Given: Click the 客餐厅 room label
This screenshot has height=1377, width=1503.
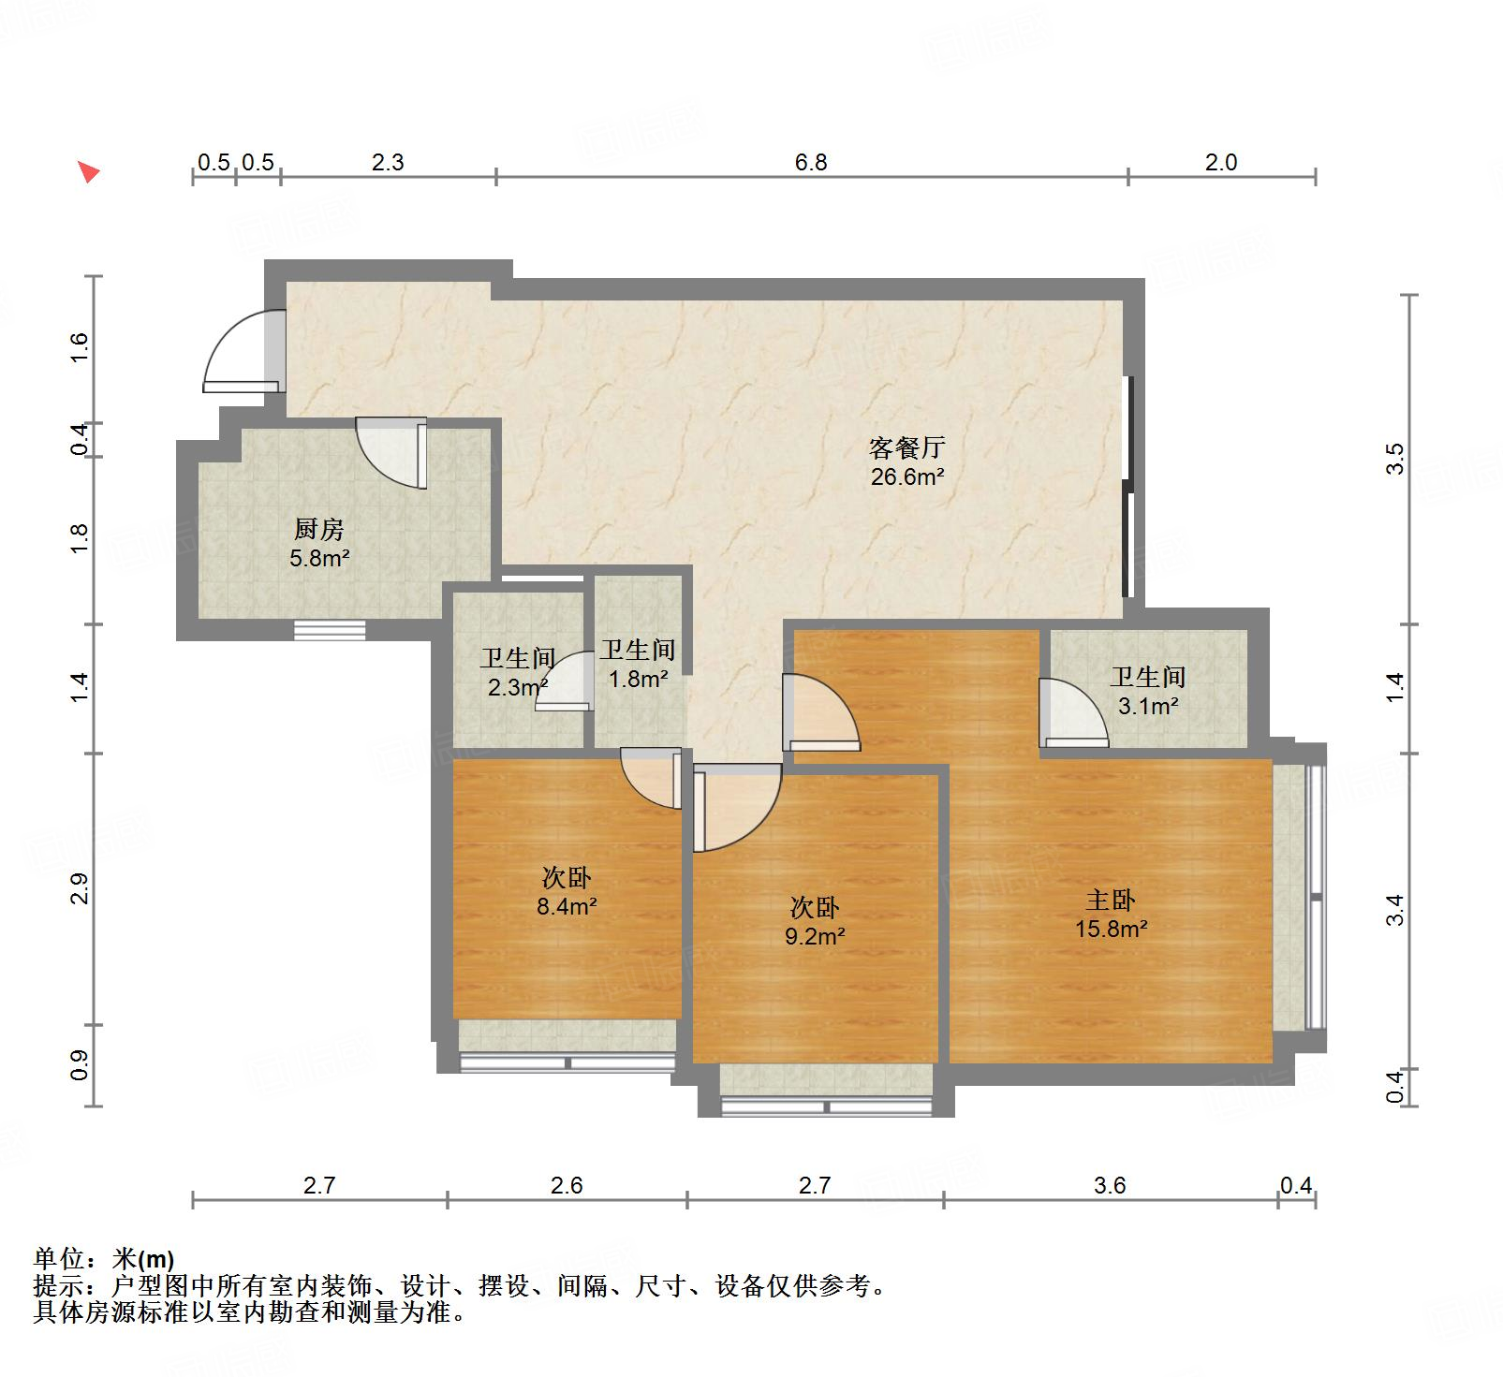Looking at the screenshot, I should (x=906, y=447).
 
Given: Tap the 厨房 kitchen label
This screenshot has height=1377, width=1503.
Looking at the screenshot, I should (x=319, y=530).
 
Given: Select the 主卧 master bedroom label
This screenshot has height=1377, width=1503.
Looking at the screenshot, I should (x=1111, y=901).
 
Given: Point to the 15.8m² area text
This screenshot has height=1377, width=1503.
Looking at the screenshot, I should (x=1112, y=930).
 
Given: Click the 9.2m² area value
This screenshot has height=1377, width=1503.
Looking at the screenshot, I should (x=815, y=936).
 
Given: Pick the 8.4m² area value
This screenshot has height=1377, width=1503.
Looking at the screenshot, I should (x=567, y=907).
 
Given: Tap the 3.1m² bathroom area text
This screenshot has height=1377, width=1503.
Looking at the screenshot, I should (x=1148, y=707).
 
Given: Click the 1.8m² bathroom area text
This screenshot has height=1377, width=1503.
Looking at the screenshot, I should (x=638, y=680).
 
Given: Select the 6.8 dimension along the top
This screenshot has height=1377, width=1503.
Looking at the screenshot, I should (x=811, y=163).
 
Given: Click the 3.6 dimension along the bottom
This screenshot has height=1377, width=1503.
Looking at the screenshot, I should (x=1110, y=1186).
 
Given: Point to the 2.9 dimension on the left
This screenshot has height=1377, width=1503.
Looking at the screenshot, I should (x=80, y=888).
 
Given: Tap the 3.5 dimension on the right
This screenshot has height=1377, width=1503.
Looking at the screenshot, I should (x=1395, y=459).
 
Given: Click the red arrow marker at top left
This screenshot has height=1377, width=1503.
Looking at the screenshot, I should (x=88, y=171).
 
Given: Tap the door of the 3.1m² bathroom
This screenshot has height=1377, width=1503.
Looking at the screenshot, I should (x=1073, y=715).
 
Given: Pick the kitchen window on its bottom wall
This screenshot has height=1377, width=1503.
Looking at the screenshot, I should (x=330, y=630).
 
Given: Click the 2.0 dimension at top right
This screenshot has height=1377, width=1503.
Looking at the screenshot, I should (x=1221, y=163).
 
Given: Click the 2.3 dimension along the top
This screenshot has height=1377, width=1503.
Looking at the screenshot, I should (x=388, y=163).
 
